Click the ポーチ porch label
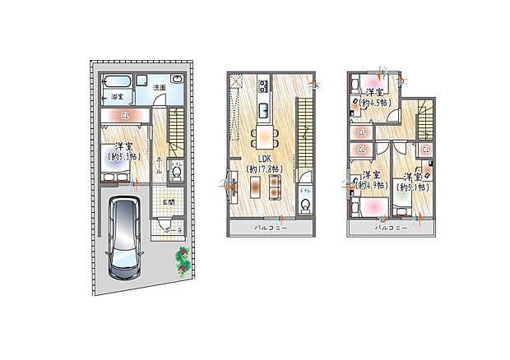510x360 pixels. [172, 232]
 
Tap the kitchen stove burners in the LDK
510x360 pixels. [263, 85]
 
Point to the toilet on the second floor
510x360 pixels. [305, 205]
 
